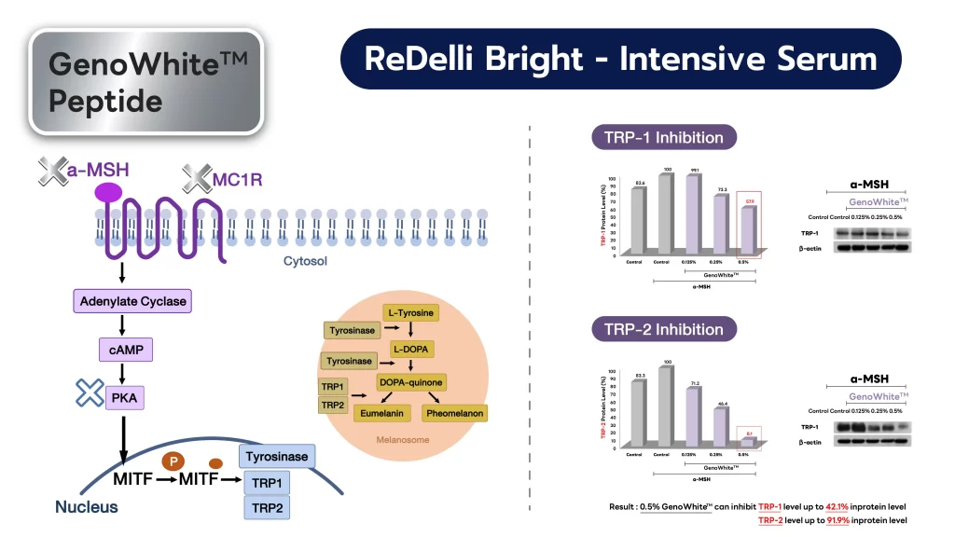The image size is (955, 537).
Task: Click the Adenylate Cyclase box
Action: click(x=133, y=301)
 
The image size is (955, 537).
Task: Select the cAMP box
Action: click(x=124, y=351)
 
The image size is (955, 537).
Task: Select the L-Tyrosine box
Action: click(x=410, y=313)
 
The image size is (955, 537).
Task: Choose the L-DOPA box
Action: click(x=410, y=348)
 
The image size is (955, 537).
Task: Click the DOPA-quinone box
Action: click(x=410, y=382)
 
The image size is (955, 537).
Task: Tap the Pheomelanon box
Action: click(x=455, y=412)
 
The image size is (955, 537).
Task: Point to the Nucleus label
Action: click(x=86, y=507)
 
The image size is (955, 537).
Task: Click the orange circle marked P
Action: click(x=172, y=461)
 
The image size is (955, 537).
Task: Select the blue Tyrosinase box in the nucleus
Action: click(x=276, y=457)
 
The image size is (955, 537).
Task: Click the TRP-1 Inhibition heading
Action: click(x=663, y=138)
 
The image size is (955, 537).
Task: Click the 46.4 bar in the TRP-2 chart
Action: click(x=721, y=427)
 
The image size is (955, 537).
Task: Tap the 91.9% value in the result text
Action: click(x=844, y=520)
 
